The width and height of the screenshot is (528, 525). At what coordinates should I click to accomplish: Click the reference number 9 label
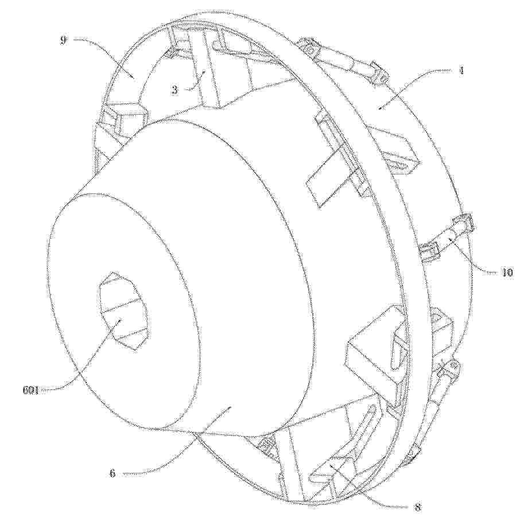coord(63,41)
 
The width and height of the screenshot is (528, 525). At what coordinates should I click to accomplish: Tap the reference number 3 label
coord(174,90)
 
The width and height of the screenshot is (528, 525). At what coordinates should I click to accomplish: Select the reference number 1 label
coord(462,71)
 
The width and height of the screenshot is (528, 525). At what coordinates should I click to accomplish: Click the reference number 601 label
coord(30,391)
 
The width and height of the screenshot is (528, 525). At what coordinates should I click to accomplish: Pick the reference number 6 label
coord(112,473)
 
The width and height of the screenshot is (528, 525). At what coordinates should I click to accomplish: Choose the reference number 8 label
coord(418,507)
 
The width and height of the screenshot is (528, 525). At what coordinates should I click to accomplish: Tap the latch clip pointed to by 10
coord(448,240)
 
